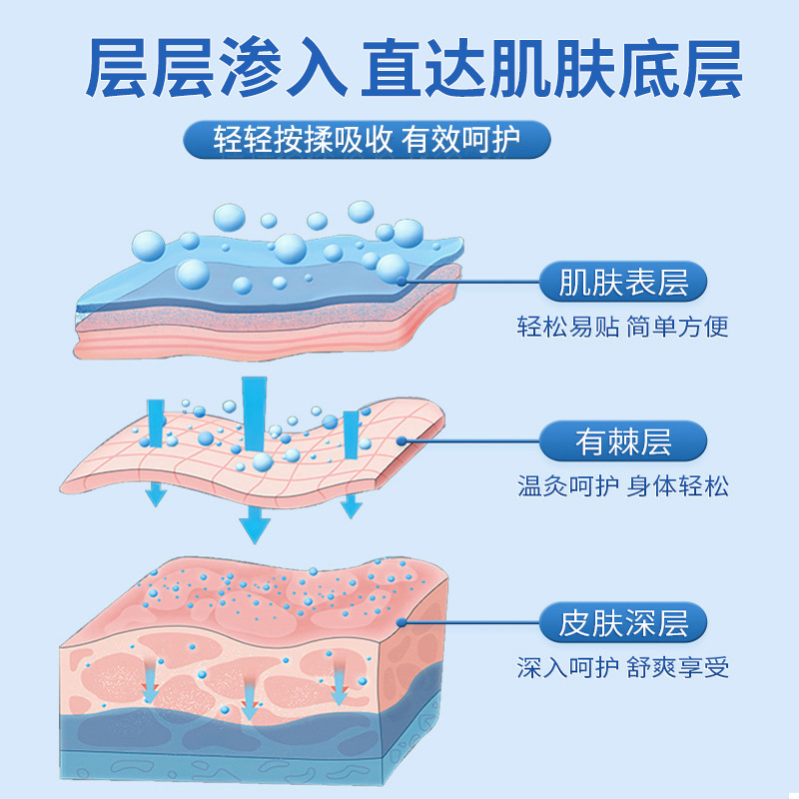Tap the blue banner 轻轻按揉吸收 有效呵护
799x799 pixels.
tap(367, 140)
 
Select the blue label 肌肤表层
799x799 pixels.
tap(622, 283)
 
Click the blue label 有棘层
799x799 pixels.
tap(622, 440)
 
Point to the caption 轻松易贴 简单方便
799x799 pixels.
tap(622, 327)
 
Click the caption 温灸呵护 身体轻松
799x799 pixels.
tap(622, 486)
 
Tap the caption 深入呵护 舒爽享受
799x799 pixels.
tap(622, 666)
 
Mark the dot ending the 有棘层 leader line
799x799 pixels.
tap(399, 440)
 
